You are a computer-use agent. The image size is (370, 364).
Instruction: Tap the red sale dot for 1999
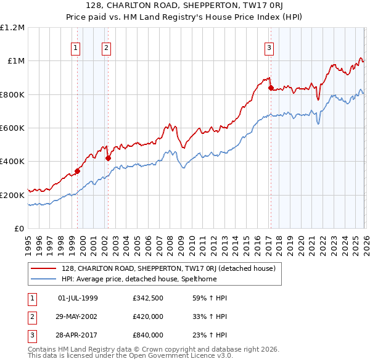coord(77,171)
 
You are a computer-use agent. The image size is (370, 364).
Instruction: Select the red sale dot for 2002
coord(108,158)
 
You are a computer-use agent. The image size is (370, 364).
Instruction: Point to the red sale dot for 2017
coord(270,88)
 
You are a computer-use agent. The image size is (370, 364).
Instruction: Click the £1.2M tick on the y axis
coord(12,28)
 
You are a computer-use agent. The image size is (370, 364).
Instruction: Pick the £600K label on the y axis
coord(12,128)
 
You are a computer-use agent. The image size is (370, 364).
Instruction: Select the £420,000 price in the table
coord(147,316)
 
